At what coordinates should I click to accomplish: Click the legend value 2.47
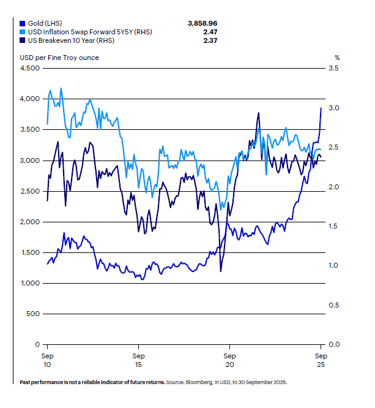pyautogui.click(x=210, y=31)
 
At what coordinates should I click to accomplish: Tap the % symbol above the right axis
pyautogui.click(x=336, y=58)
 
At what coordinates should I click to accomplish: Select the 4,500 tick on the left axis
pyautogui.click(x=30, y=68)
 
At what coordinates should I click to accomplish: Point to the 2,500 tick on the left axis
pyautogui.click(x=30, y=191)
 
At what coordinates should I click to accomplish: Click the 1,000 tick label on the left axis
pyautogui.click(x=30, y=283)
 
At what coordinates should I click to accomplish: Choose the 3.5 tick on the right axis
pyautogui.click(x=333, y=68)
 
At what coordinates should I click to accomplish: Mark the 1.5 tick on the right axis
pyautogui.click(x=333, y=226)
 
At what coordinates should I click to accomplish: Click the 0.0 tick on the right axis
pyautogui.click(x=333, y=344)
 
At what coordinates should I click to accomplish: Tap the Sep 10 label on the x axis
pyautogui.click(x=48, y=360)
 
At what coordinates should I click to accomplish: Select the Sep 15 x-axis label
pyautogui.click(x=139, y=360)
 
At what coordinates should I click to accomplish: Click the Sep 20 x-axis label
pyautogui.click(x=229, y=360)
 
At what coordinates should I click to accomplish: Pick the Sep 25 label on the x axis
pyautogui.click(x=321, y=360)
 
